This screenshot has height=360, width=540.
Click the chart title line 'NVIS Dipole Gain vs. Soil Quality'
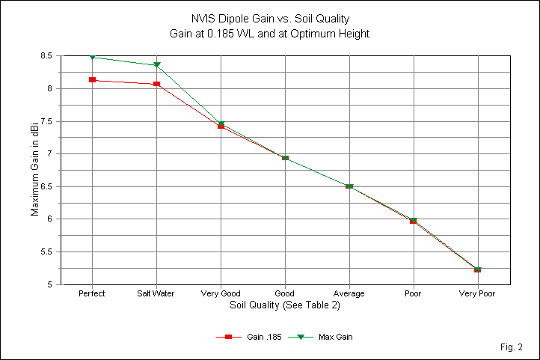(269, 19)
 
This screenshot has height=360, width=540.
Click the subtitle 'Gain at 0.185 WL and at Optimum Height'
(269, 33)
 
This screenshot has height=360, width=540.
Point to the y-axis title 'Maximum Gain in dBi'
(34, 170)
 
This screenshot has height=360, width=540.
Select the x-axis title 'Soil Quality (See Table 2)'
(269, 305)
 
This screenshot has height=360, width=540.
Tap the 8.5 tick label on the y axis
(44, 56)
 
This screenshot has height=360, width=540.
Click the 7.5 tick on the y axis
(44, 121)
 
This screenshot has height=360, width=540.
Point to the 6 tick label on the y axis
(49, 219)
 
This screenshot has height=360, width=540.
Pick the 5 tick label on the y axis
(49, 284)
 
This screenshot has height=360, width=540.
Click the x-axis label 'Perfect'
(92, 294)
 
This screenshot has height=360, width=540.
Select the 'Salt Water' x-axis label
(156, 294)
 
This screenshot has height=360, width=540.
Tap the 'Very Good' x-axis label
(221, 294)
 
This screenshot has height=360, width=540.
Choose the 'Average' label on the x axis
(349, 294)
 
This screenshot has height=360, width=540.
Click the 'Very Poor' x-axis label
(477, 294)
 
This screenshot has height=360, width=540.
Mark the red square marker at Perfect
(92, 79)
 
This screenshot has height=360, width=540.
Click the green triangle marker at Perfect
(92, 57)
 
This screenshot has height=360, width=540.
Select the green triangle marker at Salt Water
(156, 65)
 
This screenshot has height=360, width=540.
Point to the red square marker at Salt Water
(156, 84)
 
